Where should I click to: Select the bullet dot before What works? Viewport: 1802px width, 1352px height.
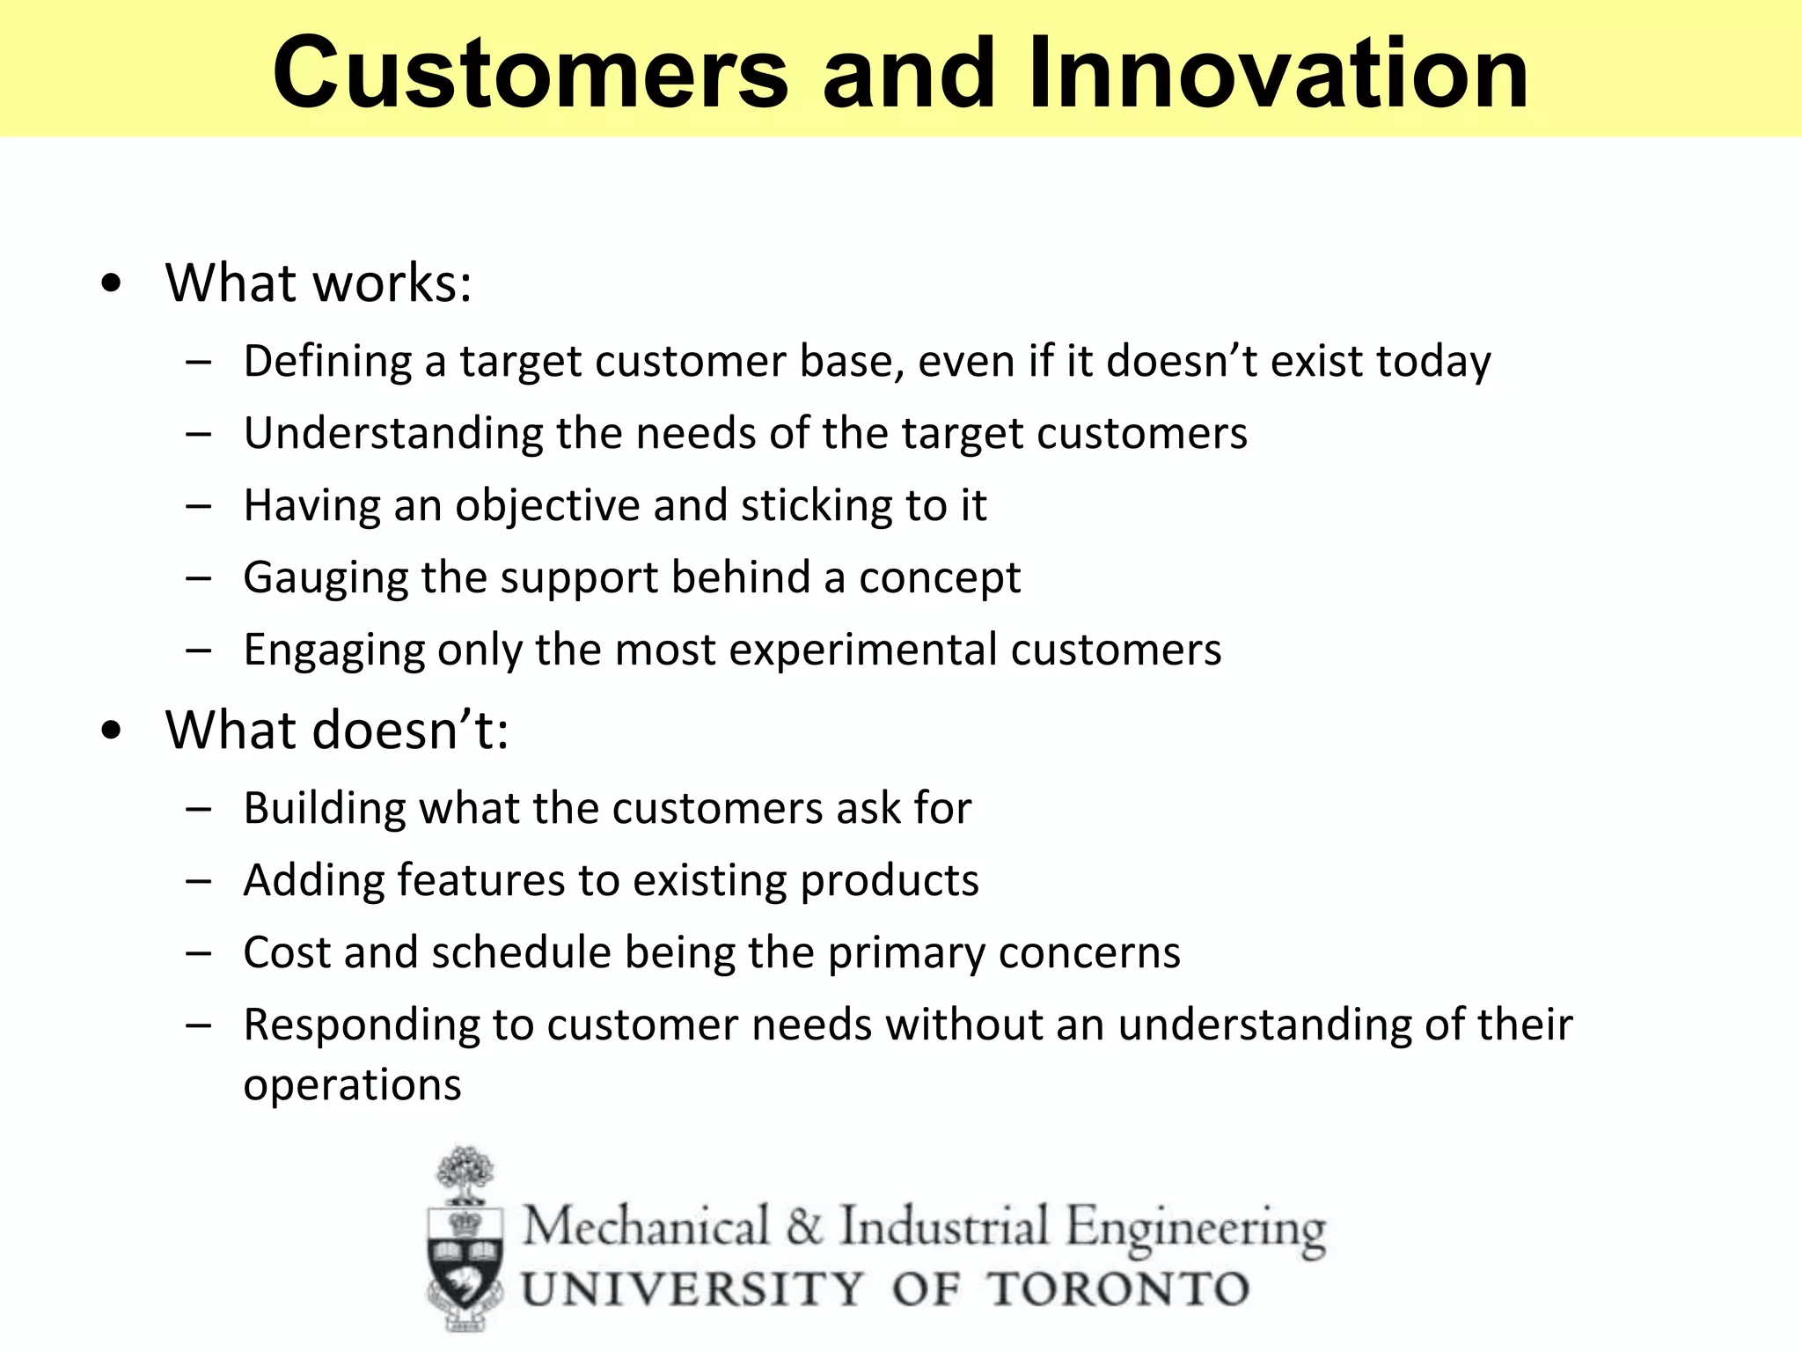(x=111, y=283)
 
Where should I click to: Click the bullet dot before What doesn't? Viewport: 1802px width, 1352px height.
(x=111, y=731)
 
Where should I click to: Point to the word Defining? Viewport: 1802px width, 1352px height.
(x=327, y=362)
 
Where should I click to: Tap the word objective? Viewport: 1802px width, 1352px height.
(x=546, y=507)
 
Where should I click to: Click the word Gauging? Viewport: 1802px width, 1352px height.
(x=326, y=578)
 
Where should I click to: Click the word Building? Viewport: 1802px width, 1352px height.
(x=324, y=808)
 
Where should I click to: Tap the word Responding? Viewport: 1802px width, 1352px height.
(x=360, y=1025)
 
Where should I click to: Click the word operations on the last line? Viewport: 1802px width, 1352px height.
(x=352, y=1084)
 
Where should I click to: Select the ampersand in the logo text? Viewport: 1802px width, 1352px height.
(x=802, y=1227)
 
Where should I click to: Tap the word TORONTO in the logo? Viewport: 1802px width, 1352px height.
(x=1118, y=1290)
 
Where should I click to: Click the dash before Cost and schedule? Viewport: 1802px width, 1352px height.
(x=199, y=953)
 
